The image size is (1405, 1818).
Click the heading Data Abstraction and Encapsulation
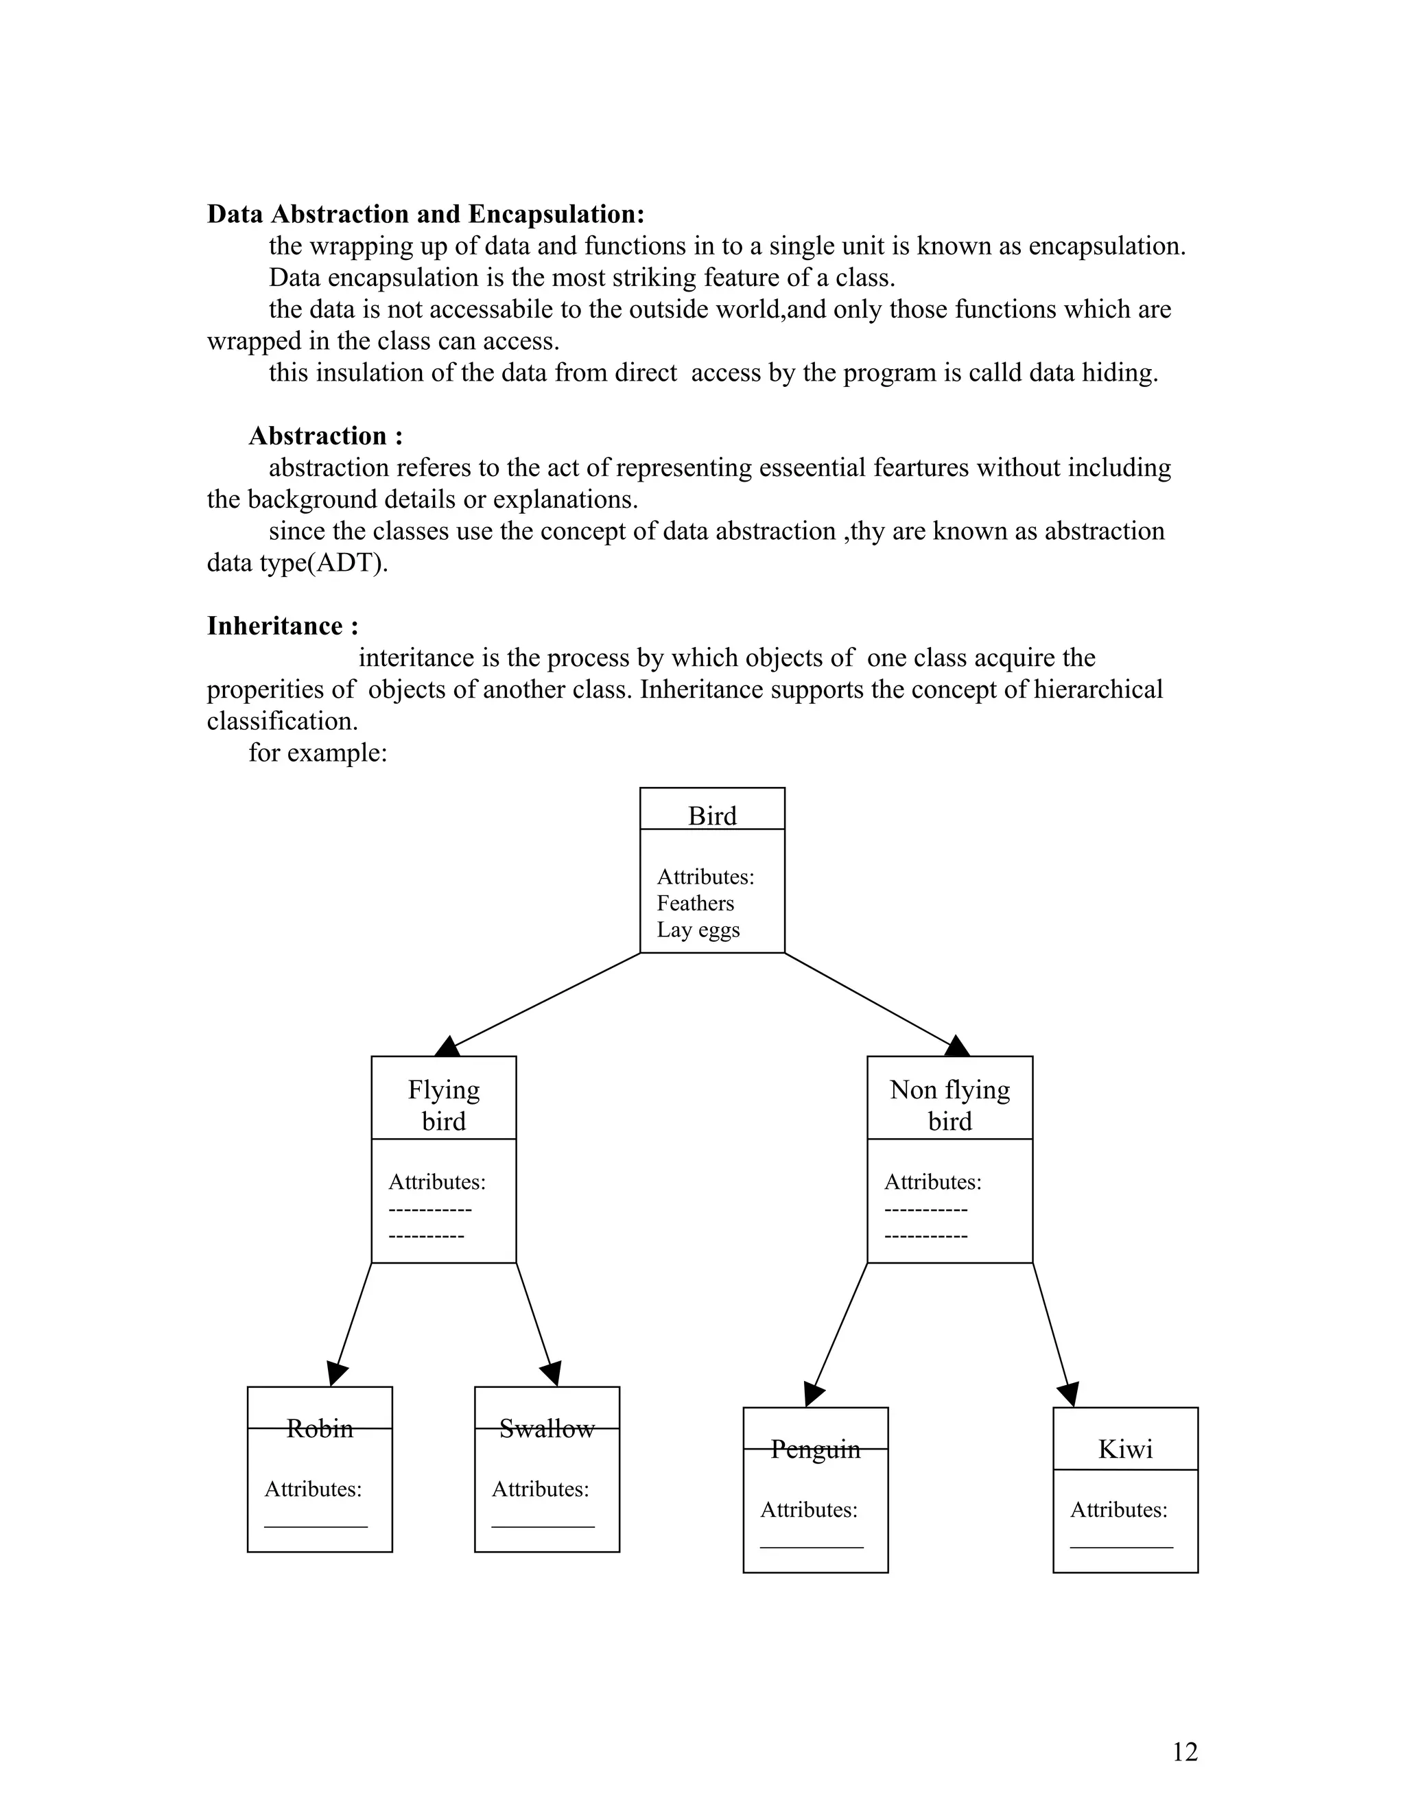click(x=425, y=214)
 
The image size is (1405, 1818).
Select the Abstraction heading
click(x=325, y=436)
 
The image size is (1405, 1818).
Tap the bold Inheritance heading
click(x=282, y=626)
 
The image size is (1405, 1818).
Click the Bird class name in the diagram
click(x=711, y=816)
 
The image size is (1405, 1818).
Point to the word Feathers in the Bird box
click(x=695, y=904)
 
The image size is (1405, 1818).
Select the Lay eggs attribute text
click(x=698, y=930)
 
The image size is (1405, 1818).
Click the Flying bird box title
click(x=444, y=1105)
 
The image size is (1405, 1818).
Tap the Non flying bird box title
click(x=949, y=1105)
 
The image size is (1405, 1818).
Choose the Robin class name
click(x=320, y=1428)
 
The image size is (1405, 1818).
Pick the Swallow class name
click(x=547, y=1428)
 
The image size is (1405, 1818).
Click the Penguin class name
click(x=815, y=1449)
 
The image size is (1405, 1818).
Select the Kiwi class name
click(x=1124, y=1449)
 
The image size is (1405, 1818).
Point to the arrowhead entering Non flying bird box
click(x=957, y=1046)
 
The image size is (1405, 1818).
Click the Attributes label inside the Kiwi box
click(x=1118, y=1510)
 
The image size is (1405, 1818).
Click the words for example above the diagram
click(x=317, y=753)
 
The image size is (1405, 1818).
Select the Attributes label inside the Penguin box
click(x=808, y=1510)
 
